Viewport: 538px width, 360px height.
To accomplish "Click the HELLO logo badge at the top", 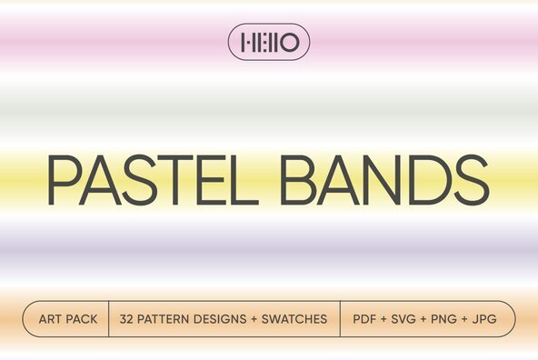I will click(x=269, y=41).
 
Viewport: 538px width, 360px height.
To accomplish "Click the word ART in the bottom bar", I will click(x=51, y=320).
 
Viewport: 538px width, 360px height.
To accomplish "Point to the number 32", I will click(x=127, y=320).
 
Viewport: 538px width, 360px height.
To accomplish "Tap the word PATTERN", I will click(x=166, y=320).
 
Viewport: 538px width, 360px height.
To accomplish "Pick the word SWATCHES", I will click(x=295, y=320).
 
